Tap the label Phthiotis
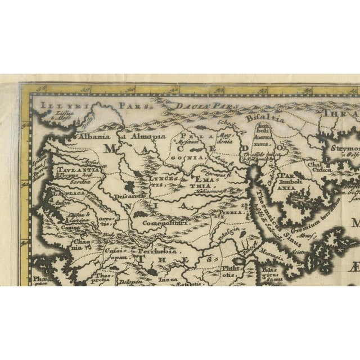pos(231,272)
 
